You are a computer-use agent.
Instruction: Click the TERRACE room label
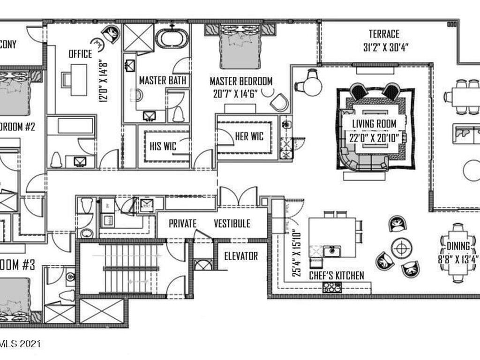[x=384, y=34]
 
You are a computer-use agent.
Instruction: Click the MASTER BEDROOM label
[x=241, y=82]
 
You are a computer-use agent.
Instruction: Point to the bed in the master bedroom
[x=240, y=50]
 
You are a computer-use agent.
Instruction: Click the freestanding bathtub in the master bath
[x=172, y=38]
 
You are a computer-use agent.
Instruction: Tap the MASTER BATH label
[x=163, y=80]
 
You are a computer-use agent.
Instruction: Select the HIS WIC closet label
[x=163, y=146]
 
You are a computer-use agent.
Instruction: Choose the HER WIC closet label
[x=249, y=136]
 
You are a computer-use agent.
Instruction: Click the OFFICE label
[x=81, y=54]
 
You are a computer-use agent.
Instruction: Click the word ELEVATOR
[x=241, y=256]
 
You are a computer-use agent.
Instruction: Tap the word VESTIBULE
[x=232, y=224]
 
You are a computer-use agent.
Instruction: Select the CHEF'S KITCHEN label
[x=336, y=276]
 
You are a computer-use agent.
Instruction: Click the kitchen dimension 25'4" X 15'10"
[x=294, y=253]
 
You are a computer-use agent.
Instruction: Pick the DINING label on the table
[x=458, y=246]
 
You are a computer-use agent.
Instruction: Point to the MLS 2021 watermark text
[x=21, y=344]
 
